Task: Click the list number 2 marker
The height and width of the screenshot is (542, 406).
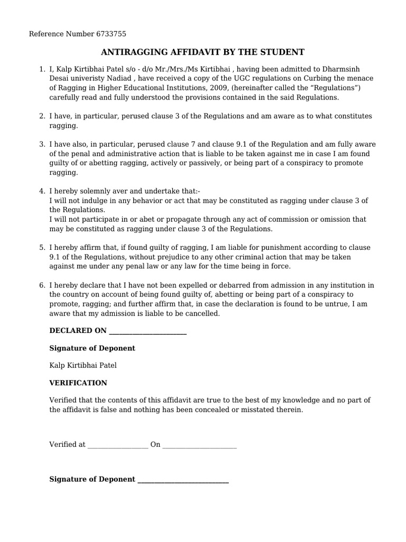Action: pos(42,116)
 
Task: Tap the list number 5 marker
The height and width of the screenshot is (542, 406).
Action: pos(42,248)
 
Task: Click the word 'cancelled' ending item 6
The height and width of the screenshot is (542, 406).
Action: pos(202,313)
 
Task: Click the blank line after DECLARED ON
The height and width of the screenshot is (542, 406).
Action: pos(147,331)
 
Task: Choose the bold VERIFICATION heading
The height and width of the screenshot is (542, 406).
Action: pos(78,383)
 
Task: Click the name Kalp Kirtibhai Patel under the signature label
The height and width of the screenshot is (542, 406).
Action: pos(83,365)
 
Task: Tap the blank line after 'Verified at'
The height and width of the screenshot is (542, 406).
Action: pos(117,445)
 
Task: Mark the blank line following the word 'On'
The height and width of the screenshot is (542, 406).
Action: pos(199,445)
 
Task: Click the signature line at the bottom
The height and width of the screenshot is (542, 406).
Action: pos(182,480)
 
